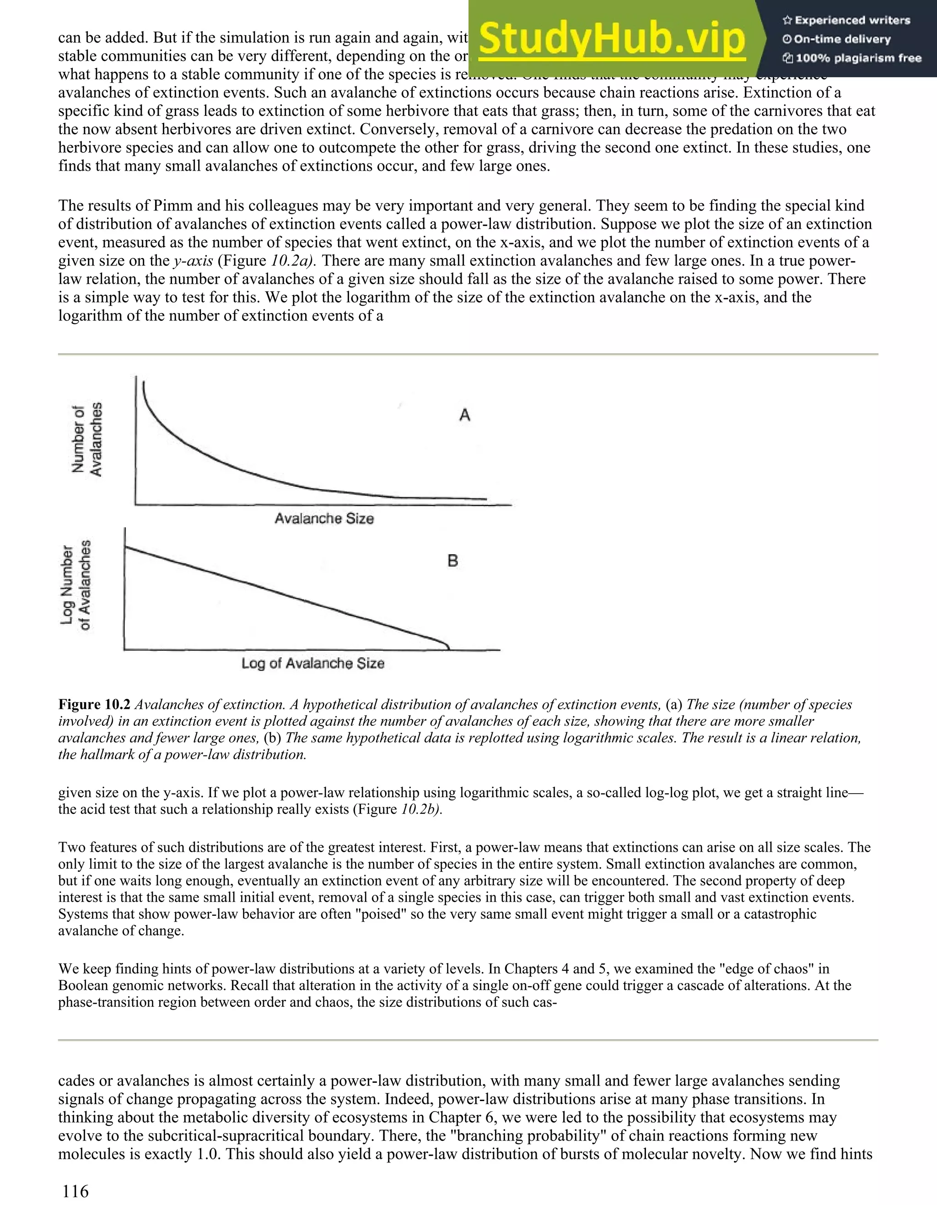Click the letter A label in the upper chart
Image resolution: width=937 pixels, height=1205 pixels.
pos(465,415)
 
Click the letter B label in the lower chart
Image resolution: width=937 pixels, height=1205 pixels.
pos(452,561)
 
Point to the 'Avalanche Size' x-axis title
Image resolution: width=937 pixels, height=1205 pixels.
pos(324,519)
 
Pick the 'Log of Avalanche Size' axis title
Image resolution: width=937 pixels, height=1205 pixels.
pos(312,663)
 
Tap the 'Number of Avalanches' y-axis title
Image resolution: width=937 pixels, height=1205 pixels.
pos(87,439)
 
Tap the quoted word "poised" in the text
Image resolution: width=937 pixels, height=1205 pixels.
pos(386,913)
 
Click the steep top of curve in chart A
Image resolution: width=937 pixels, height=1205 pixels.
pos(145,392)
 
